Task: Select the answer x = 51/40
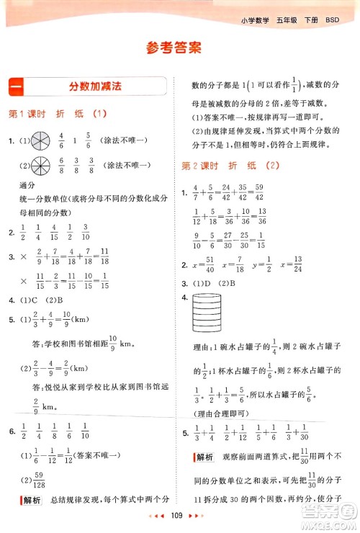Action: coord(208,264)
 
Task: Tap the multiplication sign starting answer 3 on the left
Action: coord(22,256)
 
